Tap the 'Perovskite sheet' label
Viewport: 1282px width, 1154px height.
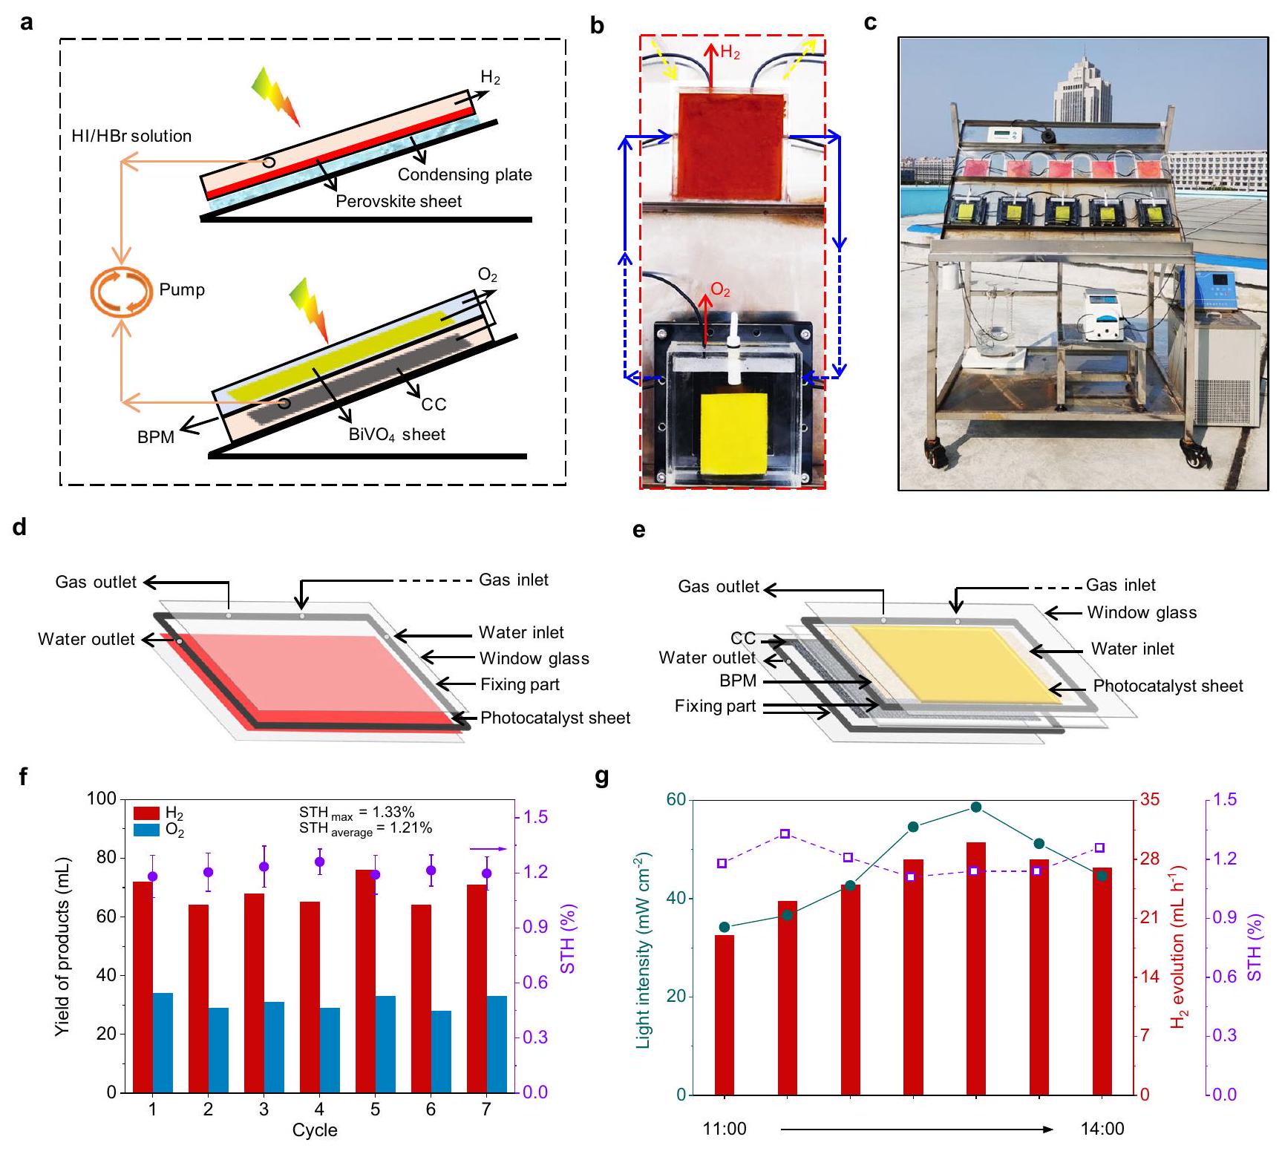click(x=399, y=201)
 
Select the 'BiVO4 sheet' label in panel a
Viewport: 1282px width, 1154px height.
click(x=397, y=435)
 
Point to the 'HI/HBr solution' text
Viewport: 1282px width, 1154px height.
click(x=131, y=136)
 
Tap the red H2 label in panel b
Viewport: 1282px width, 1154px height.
click(x=730, y=53)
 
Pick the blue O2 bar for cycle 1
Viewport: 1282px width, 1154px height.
click(x=163, y=1042)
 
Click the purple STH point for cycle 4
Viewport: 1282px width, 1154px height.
click(x=319, y=862)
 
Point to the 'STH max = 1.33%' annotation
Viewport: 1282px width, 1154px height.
click(x=356, y=813)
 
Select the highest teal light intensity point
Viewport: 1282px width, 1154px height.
click(x=976, y=807)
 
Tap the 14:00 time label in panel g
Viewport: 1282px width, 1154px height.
click(x=1102, y=1129)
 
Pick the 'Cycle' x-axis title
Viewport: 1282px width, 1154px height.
click(x=315, y=1130)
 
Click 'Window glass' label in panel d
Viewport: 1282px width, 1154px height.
click(x=534, y=658)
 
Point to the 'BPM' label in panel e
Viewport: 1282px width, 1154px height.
click(x=738, y=681)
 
